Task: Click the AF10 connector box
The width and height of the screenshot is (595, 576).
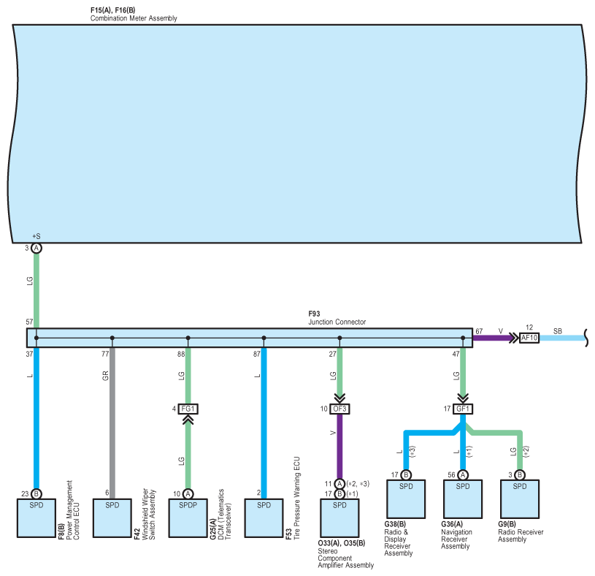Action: (529, 338)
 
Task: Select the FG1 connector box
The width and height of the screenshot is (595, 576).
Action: (188, 409)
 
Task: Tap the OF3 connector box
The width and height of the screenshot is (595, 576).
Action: (339, 409)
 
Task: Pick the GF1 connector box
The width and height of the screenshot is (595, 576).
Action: (463, 409)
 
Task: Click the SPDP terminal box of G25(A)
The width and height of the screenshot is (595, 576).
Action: (188, 518)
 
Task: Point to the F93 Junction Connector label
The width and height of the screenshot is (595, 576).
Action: (337, 318)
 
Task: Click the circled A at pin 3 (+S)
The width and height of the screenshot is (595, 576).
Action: (36, 248)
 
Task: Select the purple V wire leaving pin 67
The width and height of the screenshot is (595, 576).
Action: (494, 338)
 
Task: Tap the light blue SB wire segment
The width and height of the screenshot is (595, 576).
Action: (562, 338)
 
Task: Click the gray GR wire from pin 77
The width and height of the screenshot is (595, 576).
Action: (112, 423)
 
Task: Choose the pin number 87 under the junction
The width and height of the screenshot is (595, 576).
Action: (257, 354)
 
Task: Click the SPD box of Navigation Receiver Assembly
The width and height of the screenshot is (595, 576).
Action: (463, 499)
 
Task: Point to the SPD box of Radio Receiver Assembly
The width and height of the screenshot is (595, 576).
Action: (520, 499)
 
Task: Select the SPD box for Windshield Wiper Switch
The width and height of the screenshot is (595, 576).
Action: (112, 518)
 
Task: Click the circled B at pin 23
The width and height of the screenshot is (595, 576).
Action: (36, 494)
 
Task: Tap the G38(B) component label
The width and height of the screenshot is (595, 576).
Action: (395, 524)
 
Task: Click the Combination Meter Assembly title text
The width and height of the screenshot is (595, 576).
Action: (134, 18)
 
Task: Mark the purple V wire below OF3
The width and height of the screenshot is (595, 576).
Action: (339, 446)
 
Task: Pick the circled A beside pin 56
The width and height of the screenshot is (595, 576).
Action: (463, 475)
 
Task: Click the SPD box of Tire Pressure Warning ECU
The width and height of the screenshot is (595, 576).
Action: (264, 518)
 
